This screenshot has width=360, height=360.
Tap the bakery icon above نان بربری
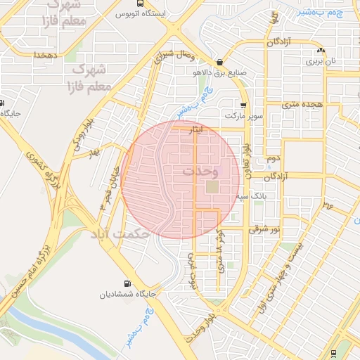[321, 50]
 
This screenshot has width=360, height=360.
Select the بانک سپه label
[252, 197]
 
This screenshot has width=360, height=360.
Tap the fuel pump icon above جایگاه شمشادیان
[127, 283]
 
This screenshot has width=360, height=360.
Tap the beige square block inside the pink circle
[212, 187]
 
